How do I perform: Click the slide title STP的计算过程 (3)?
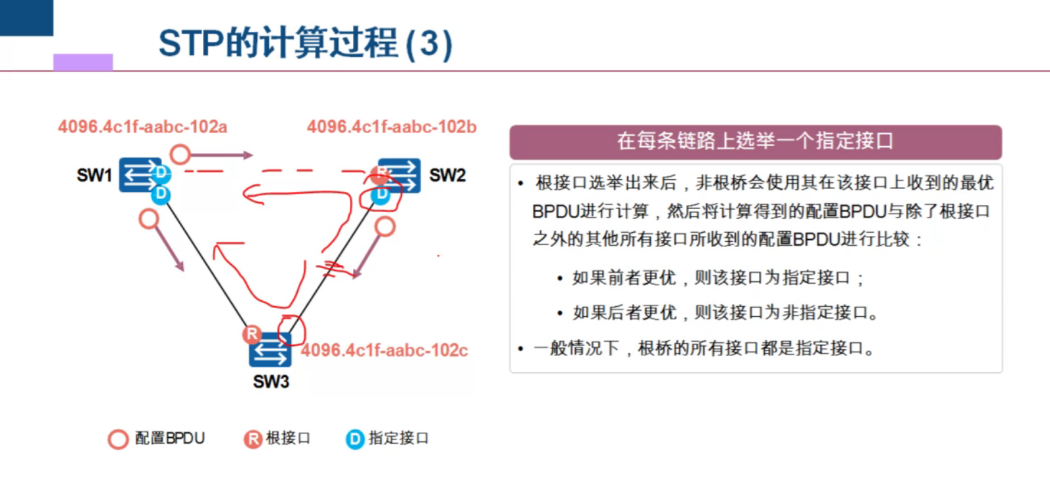tap(305, 43)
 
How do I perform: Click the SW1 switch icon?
tap(139, 175)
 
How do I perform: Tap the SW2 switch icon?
tap(400, 175)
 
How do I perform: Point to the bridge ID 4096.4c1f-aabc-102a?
tap(142, 126)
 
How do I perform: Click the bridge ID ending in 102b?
tap(391, 126)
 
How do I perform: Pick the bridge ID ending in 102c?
tap(385, 350)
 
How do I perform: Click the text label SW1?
tap(94, 175)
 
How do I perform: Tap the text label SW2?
tap(447, 175)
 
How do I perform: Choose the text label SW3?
tap(271, 382)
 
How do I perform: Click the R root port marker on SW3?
tap(252, 334)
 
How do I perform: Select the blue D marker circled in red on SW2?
tap(381, 195)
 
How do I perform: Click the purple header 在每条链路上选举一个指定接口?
tap(755, 141)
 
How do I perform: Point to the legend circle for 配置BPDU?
tap(118, 439)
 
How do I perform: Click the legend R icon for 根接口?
tap(253, 439)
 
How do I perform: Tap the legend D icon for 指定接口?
tap(355, 439)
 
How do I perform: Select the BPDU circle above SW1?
tap(180, 155)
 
